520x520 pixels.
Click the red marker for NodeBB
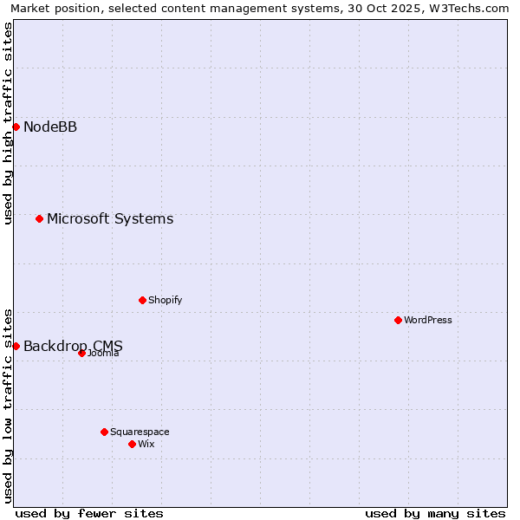click(x=16, y=127)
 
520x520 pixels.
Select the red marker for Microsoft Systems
click(x=39, y=218)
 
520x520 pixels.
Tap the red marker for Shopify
click(x=142, y=300)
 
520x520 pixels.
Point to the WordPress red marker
click(x=398, y=320)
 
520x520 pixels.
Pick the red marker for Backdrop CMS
click(x=16, y=346)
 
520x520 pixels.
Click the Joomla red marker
click(x=81, y=353)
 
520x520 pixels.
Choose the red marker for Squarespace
click(x=104, y=432)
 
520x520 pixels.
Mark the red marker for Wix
click(x=132, y=444)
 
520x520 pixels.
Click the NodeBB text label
click(x=50, y=127)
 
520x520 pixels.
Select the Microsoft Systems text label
click(x=110, y=219)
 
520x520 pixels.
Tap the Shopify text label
click(x=165, y=301)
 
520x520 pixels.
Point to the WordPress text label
click(x=428, y=321)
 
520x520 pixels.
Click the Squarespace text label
click(x=140, y=432)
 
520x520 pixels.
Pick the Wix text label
click(x=146, y=445)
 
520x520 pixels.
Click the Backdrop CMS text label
click(x=73, y=347)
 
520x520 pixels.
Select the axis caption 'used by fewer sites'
click(x=89, y=513)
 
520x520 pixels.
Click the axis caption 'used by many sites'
click(x=435, y=513)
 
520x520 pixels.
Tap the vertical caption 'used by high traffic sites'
click(x=8, y=123)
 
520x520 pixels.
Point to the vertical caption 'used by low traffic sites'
click(x=8, y=405)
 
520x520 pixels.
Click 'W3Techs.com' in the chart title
click(x=464, y=9)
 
